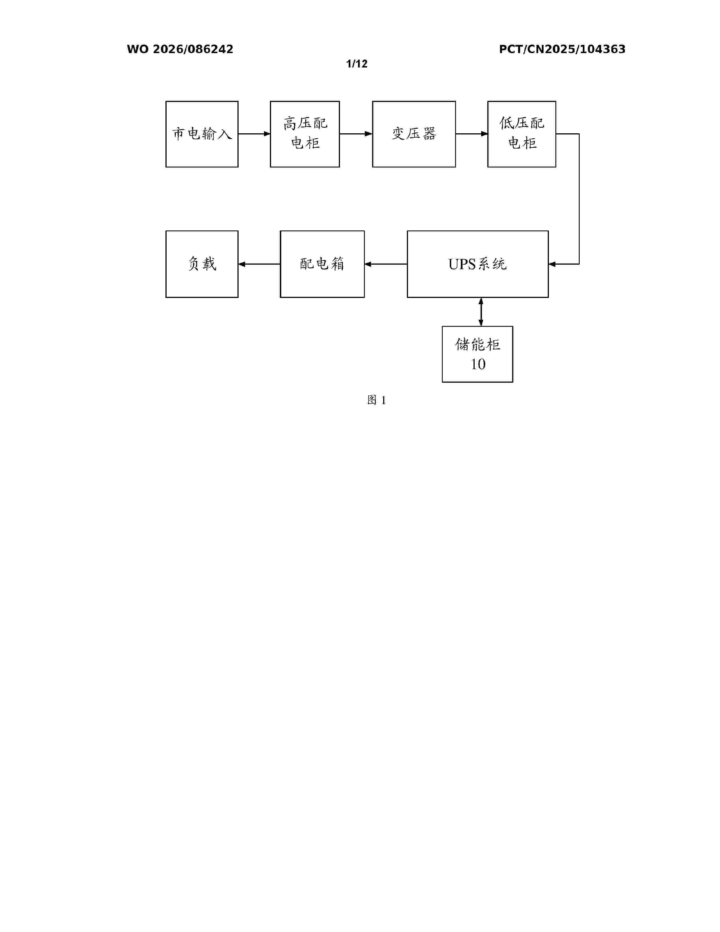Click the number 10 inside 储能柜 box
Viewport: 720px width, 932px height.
[478, 364]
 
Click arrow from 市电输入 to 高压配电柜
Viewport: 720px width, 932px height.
[254, 134]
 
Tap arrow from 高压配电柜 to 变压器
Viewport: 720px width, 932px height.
[356, 134]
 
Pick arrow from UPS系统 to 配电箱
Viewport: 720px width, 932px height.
[386, 264]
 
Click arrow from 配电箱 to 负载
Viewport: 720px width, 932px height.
[259, 264]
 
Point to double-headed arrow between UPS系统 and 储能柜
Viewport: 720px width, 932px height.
[481, 312]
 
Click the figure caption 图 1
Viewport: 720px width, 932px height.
[377, 400]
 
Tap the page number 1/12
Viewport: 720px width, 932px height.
[357, 64]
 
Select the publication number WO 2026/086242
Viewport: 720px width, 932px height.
[180, 49]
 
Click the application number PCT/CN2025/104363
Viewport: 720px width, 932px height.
[562, 49]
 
